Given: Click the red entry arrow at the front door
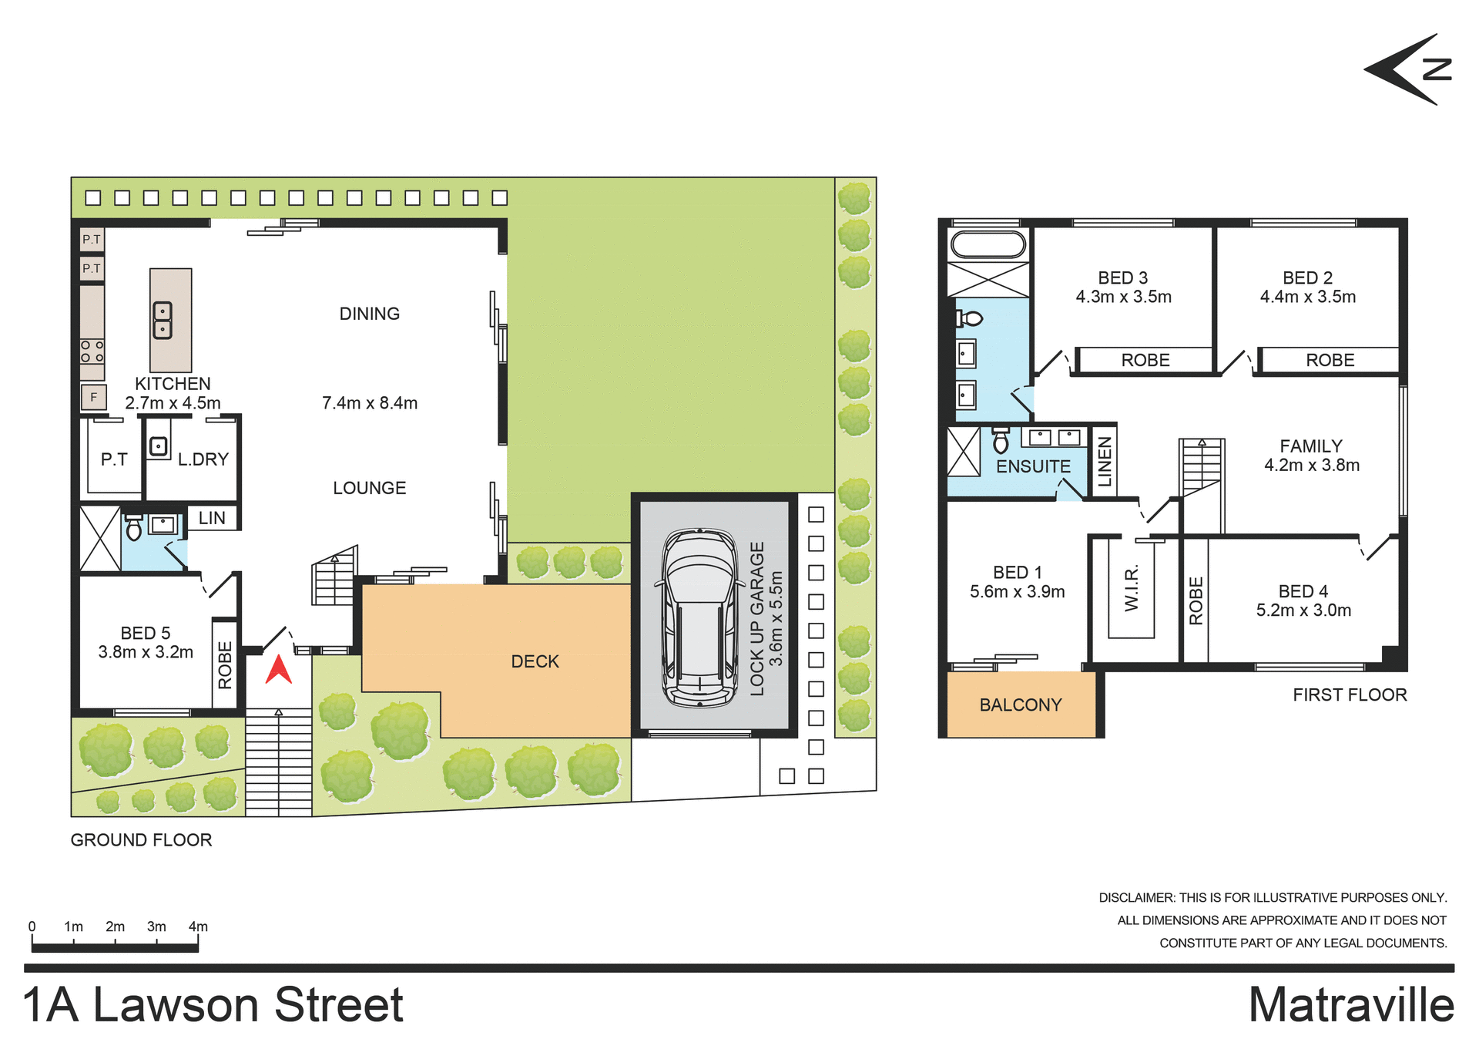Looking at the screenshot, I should (x=279, y=670).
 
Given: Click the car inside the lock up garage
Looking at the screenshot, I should (x=699, y=617).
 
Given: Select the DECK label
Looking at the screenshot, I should (x=535, y=661).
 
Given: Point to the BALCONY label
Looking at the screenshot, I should (x=1020, y=705).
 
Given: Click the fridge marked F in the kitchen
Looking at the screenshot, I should (x=93, y=398).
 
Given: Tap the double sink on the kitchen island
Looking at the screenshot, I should (x=163, y=320).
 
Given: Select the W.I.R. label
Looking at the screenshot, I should (x=1131, y=589).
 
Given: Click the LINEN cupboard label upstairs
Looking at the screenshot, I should (x=1105, y=461).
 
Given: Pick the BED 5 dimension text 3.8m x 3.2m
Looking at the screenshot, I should (x=146, y=652).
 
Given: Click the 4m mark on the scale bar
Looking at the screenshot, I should (x=198, y=927).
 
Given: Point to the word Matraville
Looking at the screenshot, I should (x=1351, y=1005).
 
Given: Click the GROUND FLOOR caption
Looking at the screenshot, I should (x=141, y=840).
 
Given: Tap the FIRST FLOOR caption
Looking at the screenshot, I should (x=1350, y=695).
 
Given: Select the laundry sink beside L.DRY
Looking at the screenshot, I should (x=158, y=446).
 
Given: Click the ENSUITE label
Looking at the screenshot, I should (x=1033, y=466).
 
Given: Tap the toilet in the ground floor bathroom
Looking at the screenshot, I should (x=134, y=529).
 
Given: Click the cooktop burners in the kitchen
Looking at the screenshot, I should (x=92, y=351).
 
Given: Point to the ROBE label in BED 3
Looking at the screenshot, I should (x=1145, y=360).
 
